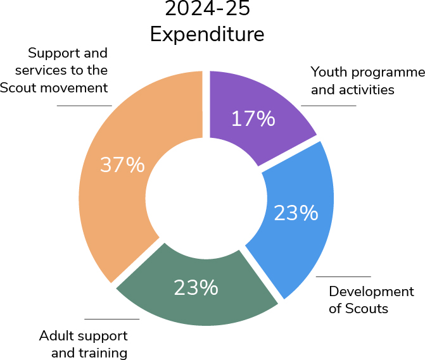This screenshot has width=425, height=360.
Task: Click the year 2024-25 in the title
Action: click(207, 9)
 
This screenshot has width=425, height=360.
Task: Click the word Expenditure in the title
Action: click(207, 35)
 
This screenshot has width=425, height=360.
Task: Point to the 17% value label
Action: click(253, 118)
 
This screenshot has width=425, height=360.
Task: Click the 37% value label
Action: click(122, 164)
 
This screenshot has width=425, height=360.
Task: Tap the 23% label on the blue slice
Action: click(296, 213)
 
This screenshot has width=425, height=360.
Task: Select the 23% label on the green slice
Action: click(196, 287)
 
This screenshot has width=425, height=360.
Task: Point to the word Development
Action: click(371, 292)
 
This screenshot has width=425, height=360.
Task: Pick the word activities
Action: click(367, 90)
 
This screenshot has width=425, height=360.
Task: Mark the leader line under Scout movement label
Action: click(84, 106)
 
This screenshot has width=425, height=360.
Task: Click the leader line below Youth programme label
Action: click(329, 106)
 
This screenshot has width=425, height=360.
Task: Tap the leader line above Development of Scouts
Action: click(343, 276)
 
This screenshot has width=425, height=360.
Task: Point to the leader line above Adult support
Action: click(112, 319)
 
